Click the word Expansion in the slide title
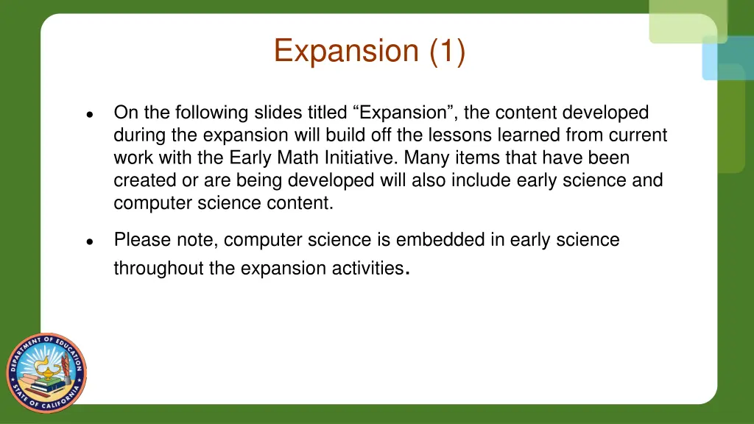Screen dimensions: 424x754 pos(345,51)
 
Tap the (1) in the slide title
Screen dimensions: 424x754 pos(445,51)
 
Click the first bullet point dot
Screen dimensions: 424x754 pos(88,115)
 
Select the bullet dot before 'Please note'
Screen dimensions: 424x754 pos(88,242)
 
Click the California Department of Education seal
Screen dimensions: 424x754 pos(46,372)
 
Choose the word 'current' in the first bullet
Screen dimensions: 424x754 pos(639,135)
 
